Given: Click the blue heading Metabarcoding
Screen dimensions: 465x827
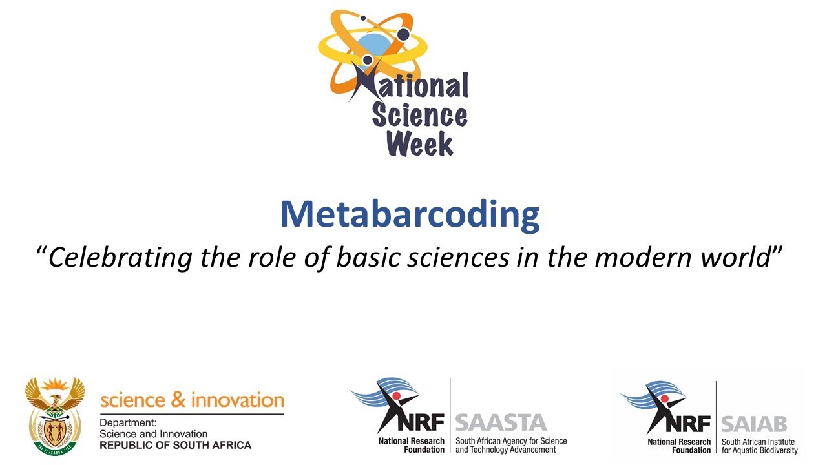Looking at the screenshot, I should pyautogui.click(x=410, y=214).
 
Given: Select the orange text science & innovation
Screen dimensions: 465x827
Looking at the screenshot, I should pyautogui.click(x=192, y=400).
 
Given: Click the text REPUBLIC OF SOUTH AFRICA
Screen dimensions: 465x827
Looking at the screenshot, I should pyautogui.click(x=175, y=445).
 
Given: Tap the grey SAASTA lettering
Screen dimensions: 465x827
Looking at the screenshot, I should pyautogui.click(x=501, y=423).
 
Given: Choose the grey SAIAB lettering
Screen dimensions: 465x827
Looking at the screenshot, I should pyautogui.click(x=754, y=424).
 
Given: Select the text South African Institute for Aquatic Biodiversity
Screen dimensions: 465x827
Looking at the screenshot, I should pyautogui.click(x=759, y=446).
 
